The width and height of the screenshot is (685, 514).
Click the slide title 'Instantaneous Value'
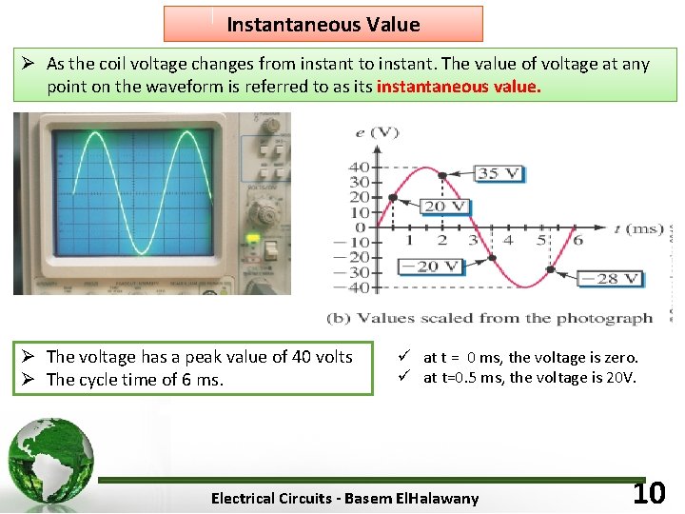(x=323, y=25)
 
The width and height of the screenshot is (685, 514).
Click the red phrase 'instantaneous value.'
(x=459, y=87)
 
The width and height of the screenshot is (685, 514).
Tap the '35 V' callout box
(x=499, y=173)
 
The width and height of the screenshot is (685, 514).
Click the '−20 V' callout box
(x=438, y=267)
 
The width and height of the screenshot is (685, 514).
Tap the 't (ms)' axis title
(x=638, y=228)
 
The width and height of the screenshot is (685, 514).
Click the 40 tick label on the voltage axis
(x=359, y=168)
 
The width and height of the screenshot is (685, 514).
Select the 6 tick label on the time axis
(x=577, y=241)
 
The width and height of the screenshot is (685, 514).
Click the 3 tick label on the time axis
(x=475, y=241)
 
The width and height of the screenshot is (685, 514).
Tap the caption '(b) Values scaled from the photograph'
(x=489, y=318)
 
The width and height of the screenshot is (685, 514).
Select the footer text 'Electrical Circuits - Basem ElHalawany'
(x=344, y=498)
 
